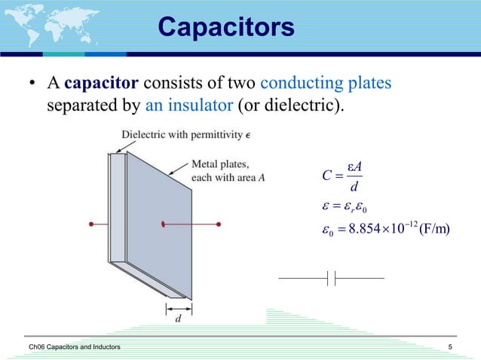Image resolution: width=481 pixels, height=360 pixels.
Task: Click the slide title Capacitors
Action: (225, 27)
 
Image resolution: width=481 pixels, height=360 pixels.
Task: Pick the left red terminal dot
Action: (90, 224)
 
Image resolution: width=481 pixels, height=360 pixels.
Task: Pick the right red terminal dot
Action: (219, 224)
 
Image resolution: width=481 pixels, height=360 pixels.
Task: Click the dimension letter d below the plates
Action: (178, 319)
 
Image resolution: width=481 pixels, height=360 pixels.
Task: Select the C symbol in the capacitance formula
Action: (326, 177)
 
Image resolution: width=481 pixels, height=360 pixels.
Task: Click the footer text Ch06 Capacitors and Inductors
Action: (69, 346)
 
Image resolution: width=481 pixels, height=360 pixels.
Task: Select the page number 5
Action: (449, 346)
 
